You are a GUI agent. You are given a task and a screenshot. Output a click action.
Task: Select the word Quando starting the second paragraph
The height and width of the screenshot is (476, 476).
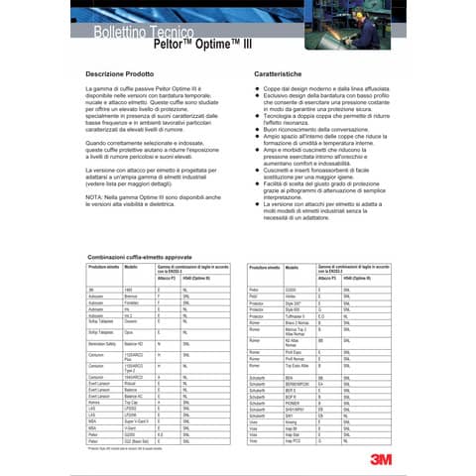tap(98, 142)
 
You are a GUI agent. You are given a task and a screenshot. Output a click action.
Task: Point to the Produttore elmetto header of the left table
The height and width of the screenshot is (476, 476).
tap(103, 240)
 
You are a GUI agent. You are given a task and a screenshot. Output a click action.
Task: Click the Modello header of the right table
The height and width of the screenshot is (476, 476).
tap(292, 240)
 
